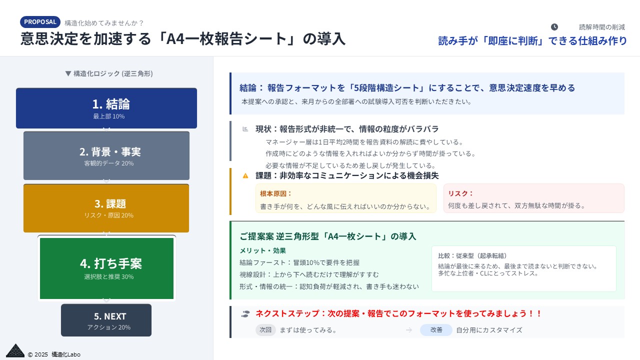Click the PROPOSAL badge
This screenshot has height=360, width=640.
[40, 22]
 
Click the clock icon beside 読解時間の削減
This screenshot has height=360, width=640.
[554, 27]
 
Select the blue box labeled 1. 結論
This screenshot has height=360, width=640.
[106, 108]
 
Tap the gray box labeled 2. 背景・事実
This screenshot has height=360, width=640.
[106, 155]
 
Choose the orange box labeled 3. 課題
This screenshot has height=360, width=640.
[106, 208]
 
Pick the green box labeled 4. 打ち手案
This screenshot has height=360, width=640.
[106, 268]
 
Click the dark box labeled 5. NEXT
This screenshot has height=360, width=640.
[106, 320]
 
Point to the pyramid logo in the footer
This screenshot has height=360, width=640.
[15, 350]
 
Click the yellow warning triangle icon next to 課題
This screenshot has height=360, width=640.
[245, 175]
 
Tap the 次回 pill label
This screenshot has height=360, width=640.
[265, 329]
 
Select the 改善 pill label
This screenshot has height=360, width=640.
[436, 329]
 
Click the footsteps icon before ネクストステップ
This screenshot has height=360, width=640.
[245, 314]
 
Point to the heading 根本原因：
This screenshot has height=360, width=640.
[275, 193]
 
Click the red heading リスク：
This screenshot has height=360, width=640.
[460, 193]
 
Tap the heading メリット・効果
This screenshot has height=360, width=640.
[262, 250]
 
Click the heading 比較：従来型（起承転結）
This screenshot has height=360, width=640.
[472, 255]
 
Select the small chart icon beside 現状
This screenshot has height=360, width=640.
[245, 129]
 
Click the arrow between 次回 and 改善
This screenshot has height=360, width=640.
[409, 330]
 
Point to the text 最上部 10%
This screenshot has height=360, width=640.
[109, 116]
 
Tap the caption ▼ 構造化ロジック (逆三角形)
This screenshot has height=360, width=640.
[109, 73]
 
